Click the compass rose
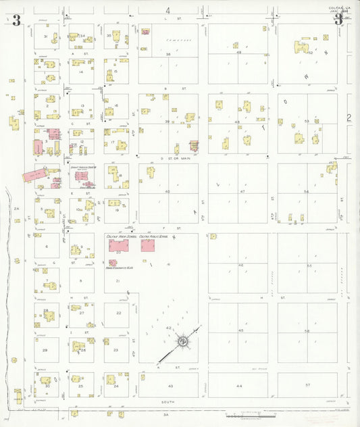(x=182, y=343)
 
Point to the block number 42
(x=168, y=327)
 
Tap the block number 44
(x=238, y=385)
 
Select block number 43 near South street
(x=170, y=386)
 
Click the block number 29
(x=46, y=350)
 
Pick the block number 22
(x=118, y=313)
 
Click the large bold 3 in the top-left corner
(x=16, y=21)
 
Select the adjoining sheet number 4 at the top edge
(x=168, y=10)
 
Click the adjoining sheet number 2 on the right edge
(x=349, y=118)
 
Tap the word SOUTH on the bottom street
(x=168, y=402)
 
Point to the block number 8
(x=81, y=280)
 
